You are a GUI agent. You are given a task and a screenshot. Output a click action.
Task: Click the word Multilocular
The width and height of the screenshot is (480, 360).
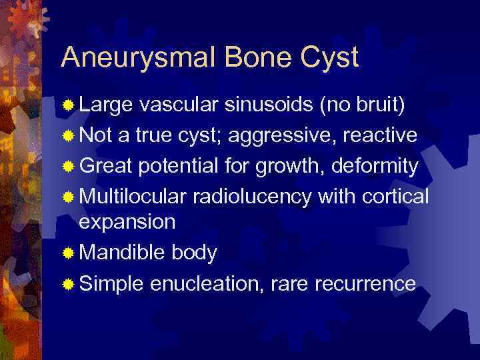point(133,196)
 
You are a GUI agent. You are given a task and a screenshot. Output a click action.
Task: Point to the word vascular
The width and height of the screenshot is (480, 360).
point(179,105)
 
